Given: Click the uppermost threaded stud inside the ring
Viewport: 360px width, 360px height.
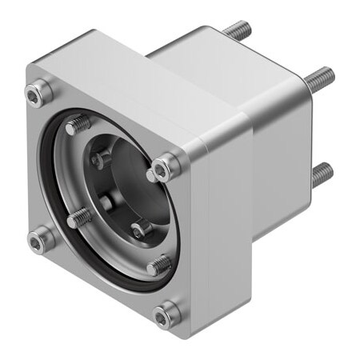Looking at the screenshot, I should coord(78,125).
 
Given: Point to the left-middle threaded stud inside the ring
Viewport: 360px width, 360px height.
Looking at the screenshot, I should coord(78,217).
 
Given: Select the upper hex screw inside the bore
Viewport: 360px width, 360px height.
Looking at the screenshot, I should coord(102,158).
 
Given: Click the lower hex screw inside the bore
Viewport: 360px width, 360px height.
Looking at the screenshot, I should coord(141,230).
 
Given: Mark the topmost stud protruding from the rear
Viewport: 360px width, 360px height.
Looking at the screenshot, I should coord(237,30).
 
